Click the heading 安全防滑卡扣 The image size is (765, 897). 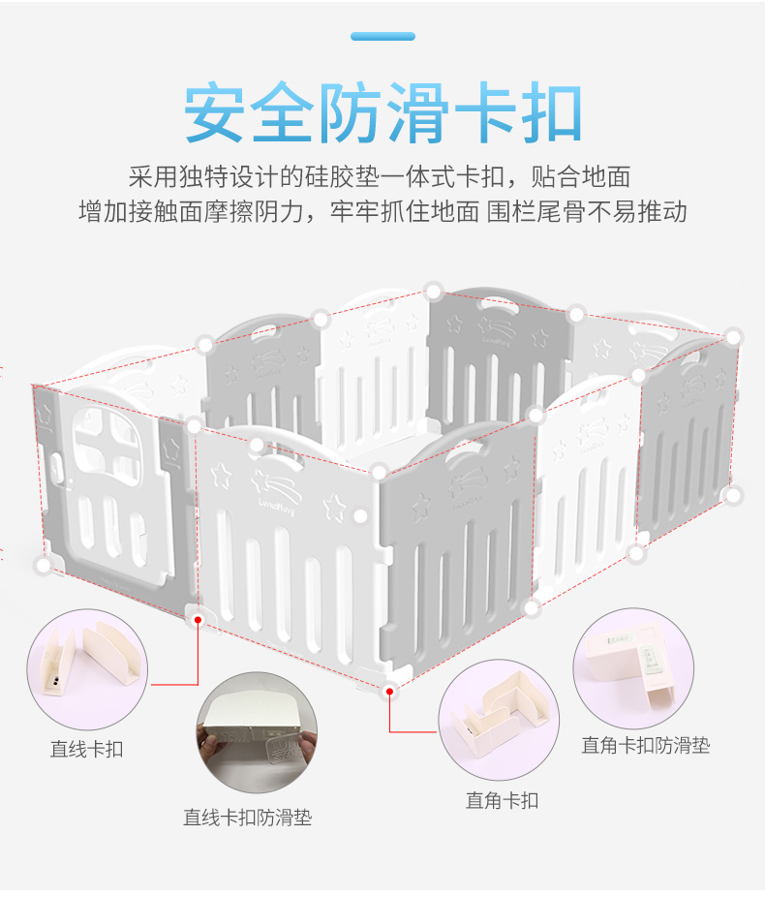pos(382,114)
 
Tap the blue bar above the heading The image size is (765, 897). pos(382,37)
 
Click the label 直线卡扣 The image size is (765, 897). pos(87,750)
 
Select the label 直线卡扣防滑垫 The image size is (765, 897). pos(248,818)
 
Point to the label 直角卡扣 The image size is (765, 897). pos(502,800)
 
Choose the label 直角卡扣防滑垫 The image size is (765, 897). pos(645,746)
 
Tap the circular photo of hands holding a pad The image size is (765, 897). pos(257,732)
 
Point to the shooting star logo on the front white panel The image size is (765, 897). pos(279,482)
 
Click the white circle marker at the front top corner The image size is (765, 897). pos(380,472)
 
